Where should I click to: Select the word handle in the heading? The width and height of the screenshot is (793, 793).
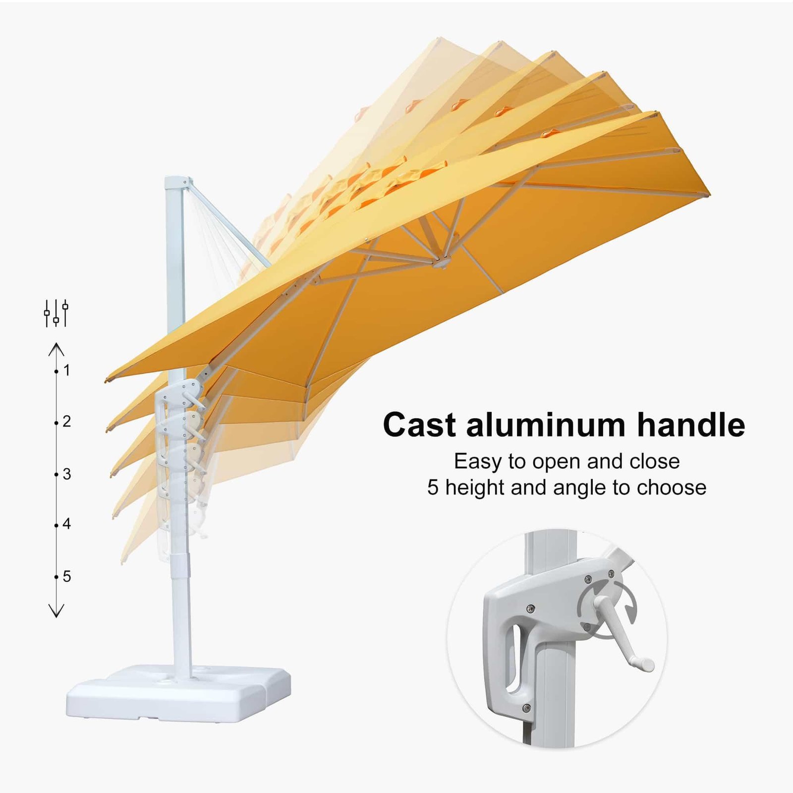pyautogui.click(x=691, y=425)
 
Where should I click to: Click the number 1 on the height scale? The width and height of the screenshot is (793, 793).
pyautogui.click(x=67, y=370)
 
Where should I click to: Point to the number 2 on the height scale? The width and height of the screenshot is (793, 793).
pyautogui.click(x=67, y=422)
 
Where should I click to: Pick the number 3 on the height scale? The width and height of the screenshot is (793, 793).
pyautogui.click(x=67, y=474)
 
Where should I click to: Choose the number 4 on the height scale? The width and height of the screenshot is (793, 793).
pyautogui.click(x=67, y=524)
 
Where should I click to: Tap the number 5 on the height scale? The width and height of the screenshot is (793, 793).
pyautogui.click(x=67, y=576)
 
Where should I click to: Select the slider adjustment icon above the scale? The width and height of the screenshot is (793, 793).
pyautogui.click(x=56, y=313)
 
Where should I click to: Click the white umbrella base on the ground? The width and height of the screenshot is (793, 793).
pyautogui.click(x=178, y=691)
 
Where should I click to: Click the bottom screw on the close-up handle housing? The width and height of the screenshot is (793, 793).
pyautogui.click(x=527, y=708)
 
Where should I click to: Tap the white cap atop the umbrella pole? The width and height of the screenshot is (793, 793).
pyautogui.click(x=176, y=182)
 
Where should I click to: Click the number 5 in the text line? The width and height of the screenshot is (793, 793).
pyautogui.click(x=433, y=488)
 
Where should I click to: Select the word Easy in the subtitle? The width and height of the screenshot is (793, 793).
pyautogui.click(x=478, y=462)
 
